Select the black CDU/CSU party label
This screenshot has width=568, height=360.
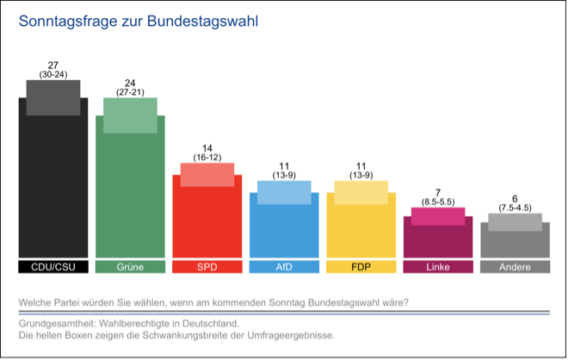[52, 267]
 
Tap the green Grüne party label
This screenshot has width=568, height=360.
[130, 267]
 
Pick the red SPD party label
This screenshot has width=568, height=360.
[207, 267]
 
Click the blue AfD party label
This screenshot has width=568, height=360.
[284, 267]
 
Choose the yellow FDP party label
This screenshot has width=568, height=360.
[361, 267]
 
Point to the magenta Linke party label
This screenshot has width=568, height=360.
[438, 267]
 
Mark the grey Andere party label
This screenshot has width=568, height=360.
[515, 267]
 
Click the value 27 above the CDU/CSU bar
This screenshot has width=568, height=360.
[53, 65]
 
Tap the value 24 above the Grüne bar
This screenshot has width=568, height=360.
[130, 83]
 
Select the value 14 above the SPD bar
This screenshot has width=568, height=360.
[207, 148]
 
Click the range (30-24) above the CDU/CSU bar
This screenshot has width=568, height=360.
[53, 75]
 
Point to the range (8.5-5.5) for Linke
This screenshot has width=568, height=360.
[438, 201]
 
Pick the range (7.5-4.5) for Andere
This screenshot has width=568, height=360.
[515, 208]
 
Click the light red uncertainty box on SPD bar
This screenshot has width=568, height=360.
[207, 174]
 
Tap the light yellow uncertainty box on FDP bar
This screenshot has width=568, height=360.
[361, 192]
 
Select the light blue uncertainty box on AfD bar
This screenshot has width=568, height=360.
[284, 192]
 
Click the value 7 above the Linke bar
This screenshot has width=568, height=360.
[438, 191]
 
